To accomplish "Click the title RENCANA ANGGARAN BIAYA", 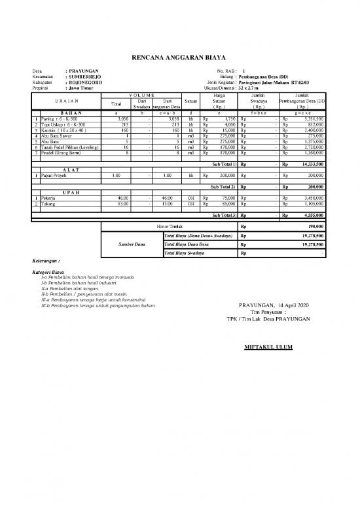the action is (180, 58).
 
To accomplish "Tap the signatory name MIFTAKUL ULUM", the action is (268, 347).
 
